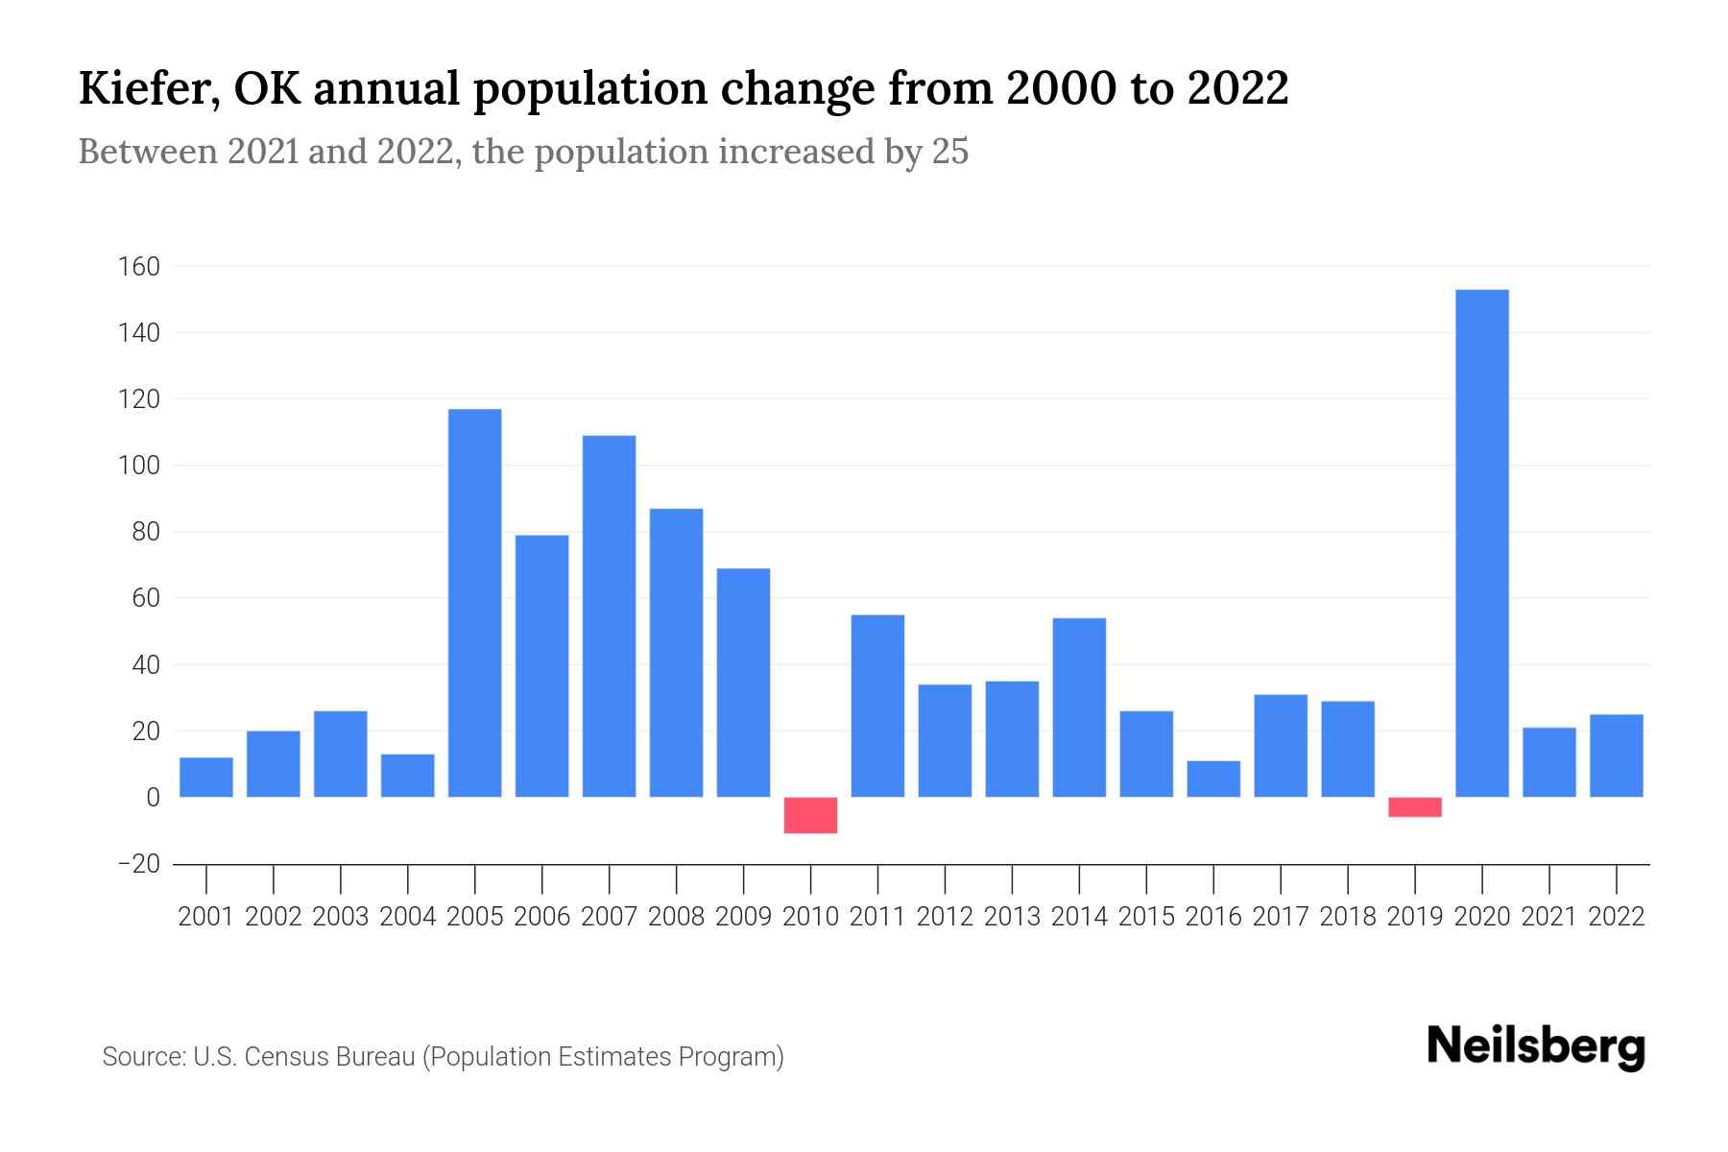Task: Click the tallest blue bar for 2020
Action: [x=1482, y=542]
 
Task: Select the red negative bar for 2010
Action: [x=810, y=815]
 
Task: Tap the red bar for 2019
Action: [x=1415, y=807]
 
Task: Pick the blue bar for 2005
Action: [x=475, y=603]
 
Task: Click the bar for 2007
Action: [x=610, y=616]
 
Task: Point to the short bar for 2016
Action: [x=1213, y=779]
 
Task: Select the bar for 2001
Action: [x=206, y=778]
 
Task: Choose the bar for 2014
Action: [x=1079, y=708]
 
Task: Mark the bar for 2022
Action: [x=1617, y=756]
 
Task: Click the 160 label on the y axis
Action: [x=138, y=266]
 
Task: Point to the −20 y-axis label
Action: [x=138, y=864]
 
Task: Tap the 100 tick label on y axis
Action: [x=138, y=466]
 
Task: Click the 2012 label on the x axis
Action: [x=945, y=917]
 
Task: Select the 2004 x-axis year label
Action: [x=408, y=917]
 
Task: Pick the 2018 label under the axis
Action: [x=1348, y=917]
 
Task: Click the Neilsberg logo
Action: [x=1536, y=1046]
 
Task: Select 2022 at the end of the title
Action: [x=1237, y=88]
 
